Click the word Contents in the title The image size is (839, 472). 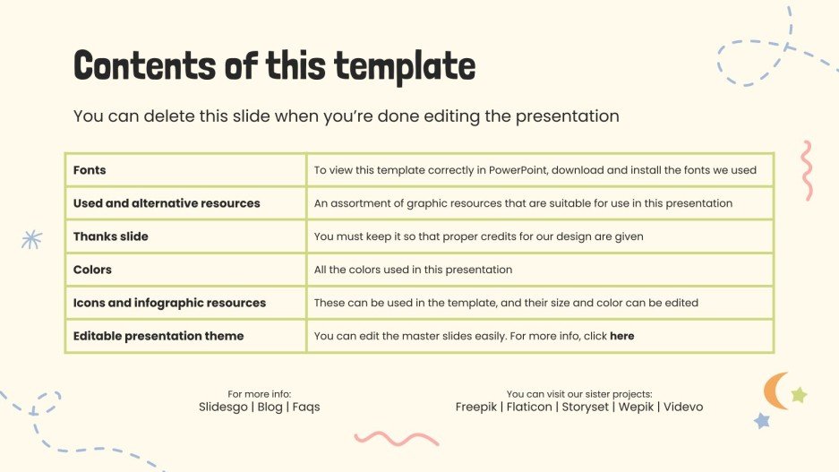[x=145, y=65]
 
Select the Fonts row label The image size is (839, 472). [x=90, y=170]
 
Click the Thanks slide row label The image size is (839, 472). [x=111, y=236]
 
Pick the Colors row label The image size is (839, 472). [x=92, y=270]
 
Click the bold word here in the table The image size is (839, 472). [x=621, y=336]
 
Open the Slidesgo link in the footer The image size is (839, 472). [x=223, y=407]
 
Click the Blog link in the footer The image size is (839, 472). [x=270, y=407]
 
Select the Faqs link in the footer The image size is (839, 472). [x=306, y=407]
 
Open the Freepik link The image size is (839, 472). [x=476, y=407]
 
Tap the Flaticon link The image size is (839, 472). [x=529, y=407]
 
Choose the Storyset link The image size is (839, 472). [x=586, y=407]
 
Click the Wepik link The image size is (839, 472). [x=637, y=407]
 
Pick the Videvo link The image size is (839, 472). [x=683, y=407]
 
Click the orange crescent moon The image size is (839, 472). [x=772, y=391]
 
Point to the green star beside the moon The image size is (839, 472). [x=799, y=395]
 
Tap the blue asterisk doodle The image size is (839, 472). [x=31, y=239]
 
